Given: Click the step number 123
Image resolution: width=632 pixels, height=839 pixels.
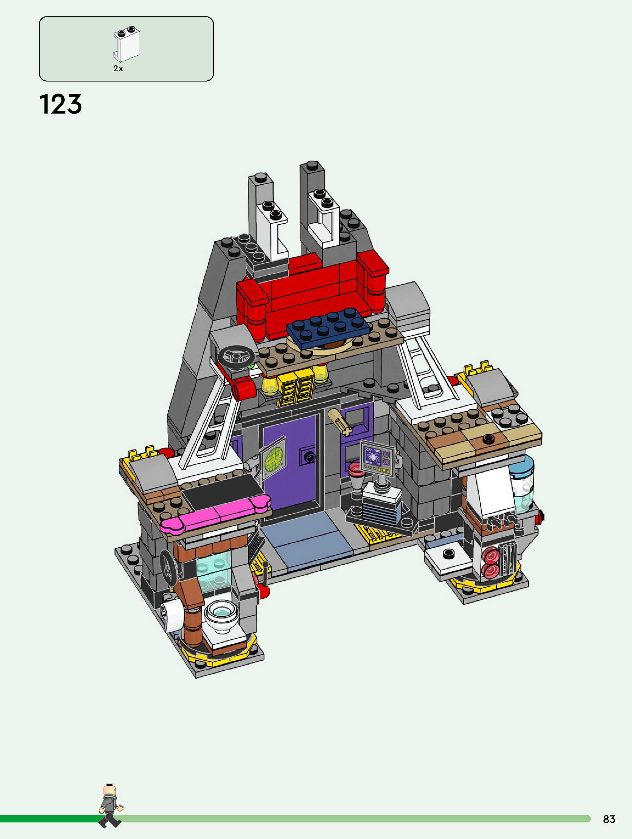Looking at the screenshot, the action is tap(61, 104).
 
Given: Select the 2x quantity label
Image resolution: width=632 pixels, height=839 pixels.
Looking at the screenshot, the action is tap(118, 69).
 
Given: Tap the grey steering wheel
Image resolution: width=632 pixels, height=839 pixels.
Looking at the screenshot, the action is tap(236, 357).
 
